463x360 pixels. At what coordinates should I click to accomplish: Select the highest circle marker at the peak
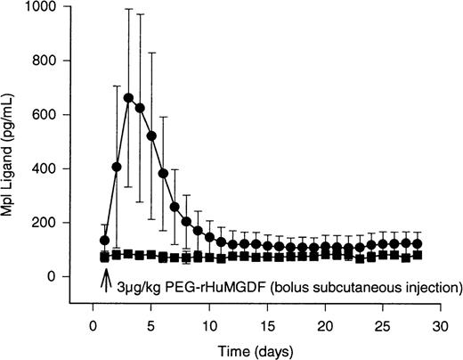128,98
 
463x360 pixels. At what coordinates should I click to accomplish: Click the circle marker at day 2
117,167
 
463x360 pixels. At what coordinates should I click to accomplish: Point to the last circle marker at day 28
417,243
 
